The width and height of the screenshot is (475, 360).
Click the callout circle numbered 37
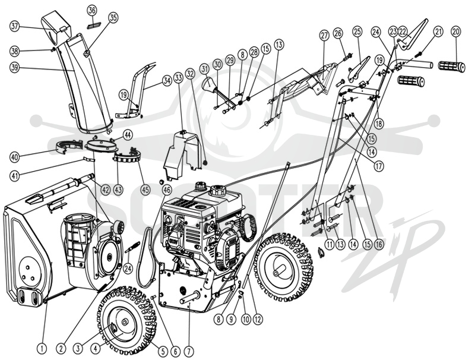pos(14,26)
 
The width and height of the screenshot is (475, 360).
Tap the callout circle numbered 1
pos(42,349)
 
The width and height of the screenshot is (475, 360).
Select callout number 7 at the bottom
pos(188,351)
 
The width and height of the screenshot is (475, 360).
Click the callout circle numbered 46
pos(167,190)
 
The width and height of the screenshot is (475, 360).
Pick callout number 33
pos(179,78)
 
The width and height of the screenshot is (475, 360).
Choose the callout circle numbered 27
pos(324,36)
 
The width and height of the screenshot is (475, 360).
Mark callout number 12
pos(258,319)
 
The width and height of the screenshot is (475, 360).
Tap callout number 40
pos(14,157)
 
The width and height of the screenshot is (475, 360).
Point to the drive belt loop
pos(146,256)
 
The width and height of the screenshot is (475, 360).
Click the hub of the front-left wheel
pos(124,323)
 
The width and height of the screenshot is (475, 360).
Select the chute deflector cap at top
pos(55,26)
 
